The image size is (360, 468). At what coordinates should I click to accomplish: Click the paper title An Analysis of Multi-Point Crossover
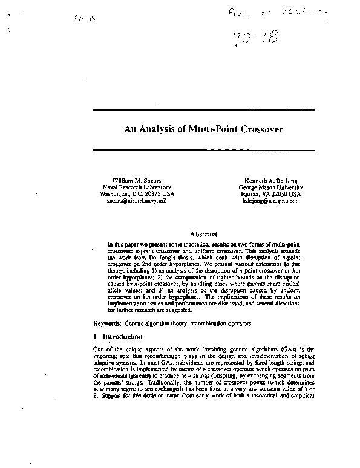pos(203,129)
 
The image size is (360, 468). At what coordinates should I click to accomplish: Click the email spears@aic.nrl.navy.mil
pos(128,201)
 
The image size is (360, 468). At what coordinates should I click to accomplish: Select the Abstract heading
pos(203,233)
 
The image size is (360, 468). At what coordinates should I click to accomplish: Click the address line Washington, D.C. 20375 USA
pos(128,194)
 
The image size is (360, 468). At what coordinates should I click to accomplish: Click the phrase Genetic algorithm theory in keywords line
pos(158,323)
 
